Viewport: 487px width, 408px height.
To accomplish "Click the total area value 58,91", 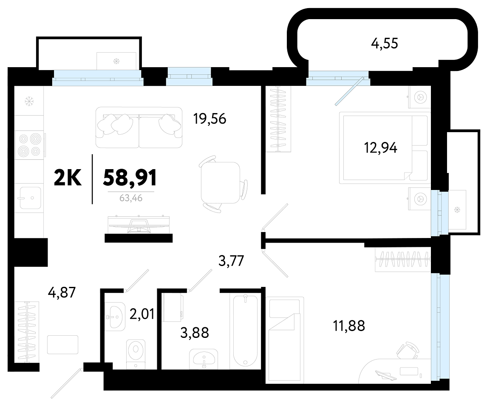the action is tap(130, 178).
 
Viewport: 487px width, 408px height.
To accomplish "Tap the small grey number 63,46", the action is tap(131, 198).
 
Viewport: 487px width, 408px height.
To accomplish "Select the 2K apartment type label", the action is tap(68, 178).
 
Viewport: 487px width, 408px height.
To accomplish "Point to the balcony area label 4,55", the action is tap(385, 44).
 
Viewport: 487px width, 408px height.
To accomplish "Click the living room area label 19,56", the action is tap(210, 119).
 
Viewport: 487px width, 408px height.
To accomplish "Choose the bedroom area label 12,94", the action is tap(380, 148).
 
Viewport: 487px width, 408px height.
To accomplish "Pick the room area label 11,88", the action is tap(349, 326).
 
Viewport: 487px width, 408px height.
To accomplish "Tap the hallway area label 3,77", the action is tap(231, 261).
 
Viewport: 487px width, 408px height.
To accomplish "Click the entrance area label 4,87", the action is tap(62, 292).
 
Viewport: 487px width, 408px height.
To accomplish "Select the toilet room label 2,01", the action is tap(142, 314).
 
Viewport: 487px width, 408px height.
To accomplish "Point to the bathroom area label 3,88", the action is tap(195, 333).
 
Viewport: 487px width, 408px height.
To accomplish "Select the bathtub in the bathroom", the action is tap(245, 331).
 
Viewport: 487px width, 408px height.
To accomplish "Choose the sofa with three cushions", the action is tap(139, 127).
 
